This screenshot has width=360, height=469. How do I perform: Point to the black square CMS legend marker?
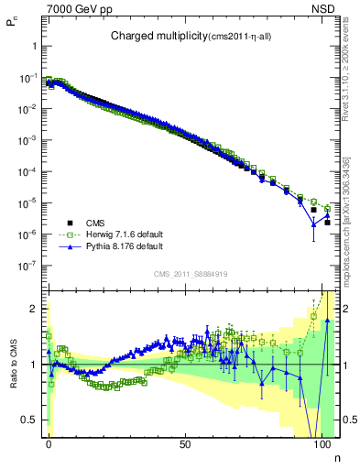pyautogui.click(x=70, y=222)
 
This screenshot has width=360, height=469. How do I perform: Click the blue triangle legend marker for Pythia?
pyautogui.click(x=70, y=246)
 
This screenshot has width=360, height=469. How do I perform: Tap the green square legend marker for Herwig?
pyautogui.click(x=70, y=234)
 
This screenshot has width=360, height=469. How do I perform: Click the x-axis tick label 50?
pyautogui.click(x=186, y=442)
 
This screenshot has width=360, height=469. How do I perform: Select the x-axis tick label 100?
pyautogui.click(x=322, y=442)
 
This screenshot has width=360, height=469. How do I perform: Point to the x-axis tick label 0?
pyautogui.click(x=49, y=442)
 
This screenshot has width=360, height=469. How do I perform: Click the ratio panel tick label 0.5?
pyautogui.click(x=34, y=420)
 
